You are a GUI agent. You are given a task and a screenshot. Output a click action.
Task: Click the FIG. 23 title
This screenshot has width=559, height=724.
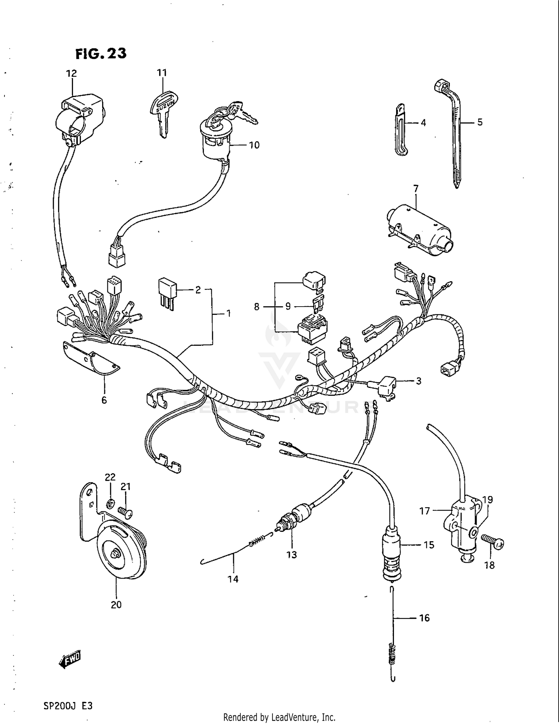101,54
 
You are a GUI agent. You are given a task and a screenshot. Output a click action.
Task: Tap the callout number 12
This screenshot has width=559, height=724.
72,73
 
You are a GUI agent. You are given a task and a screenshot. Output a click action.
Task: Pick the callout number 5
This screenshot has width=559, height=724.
480,122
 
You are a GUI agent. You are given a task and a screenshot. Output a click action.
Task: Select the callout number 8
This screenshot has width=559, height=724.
256,307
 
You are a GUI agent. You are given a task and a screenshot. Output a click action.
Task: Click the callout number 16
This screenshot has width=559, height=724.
424,618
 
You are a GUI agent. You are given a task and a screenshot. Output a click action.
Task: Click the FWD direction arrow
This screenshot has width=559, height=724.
70,661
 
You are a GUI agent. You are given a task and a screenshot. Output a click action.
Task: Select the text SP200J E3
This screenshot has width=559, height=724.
68,706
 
